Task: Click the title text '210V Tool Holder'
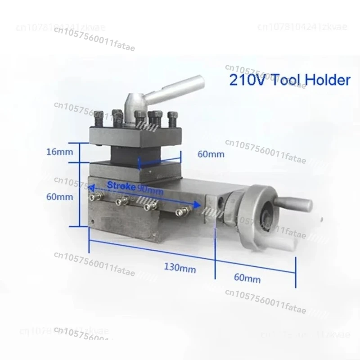[289, 80]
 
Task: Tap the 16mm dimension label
[59, 152]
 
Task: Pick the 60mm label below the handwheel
[247, 279]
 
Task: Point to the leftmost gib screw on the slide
[92, 196]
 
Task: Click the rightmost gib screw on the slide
[181, 211]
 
